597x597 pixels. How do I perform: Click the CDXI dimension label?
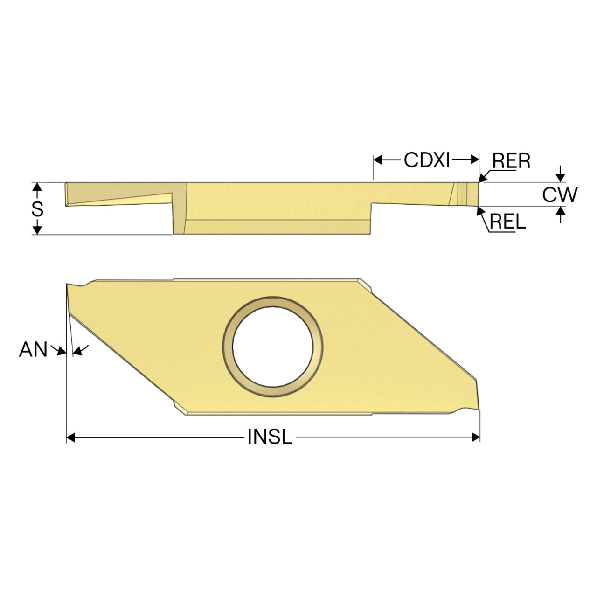[x=426, y=160]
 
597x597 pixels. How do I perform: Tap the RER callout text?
[x=511, y=161]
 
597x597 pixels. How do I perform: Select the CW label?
[x=560, y=194]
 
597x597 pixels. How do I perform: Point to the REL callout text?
[x=508, y=221]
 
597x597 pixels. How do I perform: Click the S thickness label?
[x=37, y=209]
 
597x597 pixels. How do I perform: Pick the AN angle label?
[x=33, y=349]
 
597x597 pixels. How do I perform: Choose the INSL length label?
[x=270, y=437]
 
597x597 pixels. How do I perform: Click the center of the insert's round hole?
[x=273, y=347]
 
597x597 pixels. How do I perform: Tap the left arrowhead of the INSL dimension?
[x=71, y=437]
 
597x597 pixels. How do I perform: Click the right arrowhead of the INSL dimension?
[x=475, y=437]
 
